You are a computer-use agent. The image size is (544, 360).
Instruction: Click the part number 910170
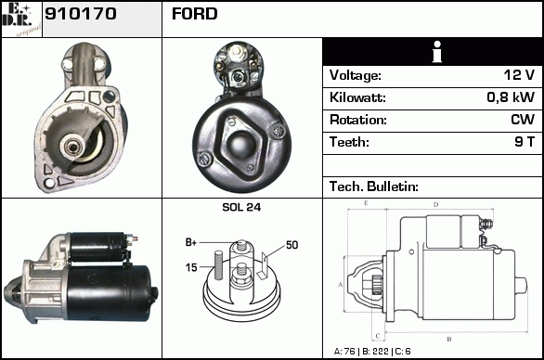[81, 14]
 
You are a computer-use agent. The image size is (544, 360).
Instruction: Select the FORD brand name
[195, 14]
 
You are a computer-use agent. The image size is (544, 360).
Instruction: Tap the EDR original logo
[21, 19]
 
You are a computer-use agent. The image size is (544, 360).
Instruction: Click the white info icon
[437, 52]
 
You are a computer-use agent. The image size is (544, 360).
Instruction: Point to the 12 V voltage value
[519, 75]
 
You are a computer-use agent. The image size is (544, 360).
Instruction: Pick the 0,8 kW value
[511, 97]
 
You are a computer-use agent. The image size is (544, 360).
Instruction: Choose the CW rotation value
[523, 120]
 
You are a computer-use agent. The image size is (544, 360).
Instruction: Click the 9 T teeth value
[525, 142]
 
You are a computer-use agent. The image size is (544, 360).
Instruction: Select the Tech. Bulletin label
[374, 186]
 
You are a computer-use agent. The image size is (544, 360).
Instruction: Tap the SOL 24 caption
[241, 207]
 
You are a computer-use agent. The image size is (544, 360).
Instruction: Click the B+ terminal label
[191, 242]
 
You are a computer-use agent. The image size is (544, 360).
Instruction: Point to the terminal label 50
[291, 245]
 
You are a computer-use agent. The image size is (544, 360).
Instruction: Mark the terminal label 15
[191, 267]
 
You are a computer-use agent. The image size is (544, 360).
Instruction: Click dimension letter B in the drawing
[449, 340]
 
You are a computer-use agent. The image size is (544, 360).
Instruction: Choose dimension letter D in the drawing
[435, 205]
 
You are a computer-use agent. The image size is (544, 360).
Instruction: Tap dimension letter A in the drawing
[340, 285]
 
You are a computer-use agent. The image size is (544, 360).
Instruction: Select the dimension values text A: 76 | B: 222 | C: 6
[372, 352]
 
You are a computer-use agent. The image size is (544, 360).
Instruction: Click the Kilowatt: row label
[357, 97]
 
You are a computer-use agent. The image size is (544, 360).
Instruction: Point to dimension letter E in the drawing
[366, 203]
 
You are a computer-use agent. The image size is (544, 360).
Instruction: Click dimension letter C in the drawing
[378, 336]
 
